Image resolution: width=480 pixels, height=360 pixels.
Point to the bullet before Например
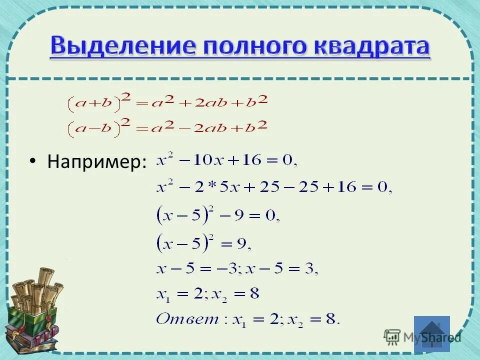32,161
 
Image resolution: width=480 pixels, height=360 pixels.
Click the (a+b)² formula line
168,103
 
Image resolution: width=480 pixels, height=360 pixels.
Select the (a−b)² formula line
168,128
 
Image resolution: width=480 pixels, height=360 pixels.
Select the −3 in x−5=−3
231,269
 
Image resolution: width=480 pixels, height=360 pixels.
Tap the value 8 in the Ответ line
330,318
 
